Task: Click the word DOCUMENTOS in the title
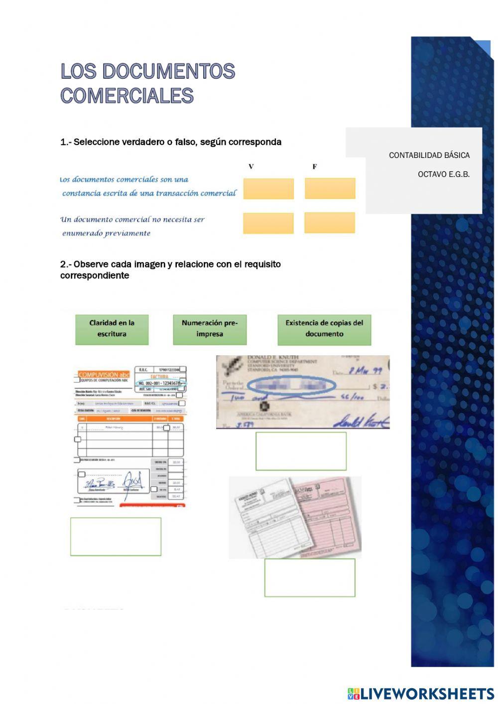pyautogui.click(x=168, y=71)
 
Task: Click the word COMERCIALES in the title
pyautogui.click(x=127, y=96)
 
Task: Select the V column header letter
pyautogui.click(x=251, y=167)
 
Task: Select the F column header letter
pyautogui.click(x=314, y=167)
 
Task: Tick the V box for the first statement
pyautogui.click(x=268, y=189)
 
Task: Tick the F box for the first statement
pyautogui.click(x=330, y=188)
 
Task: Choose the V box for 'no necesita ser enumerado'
pyautogui.click(x=268, y=223)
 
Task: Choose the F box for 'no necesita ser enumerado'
pyautogui.click(x=330, y=223)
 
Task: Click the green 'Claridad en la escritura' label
pyautogui.click(x=112, y=329)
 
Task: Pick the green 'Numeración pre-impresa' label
pyautogui.click(x=210, y=329)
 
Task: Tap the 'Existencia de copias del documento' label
pyautogui.click(x=324, y=329)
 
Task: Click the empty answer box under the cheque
pyautogui.click(x=301, y=451)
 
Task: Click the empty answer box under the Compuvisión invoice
pyautogui.click(x=116, y=537)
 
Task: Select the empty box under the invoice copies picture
pyautogui.click(x=310, y=577)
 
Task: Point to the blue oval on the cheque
pyautogui.click(x=291, y=385)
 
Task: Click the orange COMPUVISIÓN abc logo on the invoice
pyautogui.click(x=104, y=375)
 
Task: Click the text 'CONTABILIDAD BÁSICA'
pyautogui.click(x=429, y=155)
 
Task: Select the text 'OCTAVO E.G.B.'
pyautogui.click(x=443, y=174)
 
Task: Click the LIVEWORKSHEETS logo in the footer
pyautogui.click(x=421, y=694)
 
